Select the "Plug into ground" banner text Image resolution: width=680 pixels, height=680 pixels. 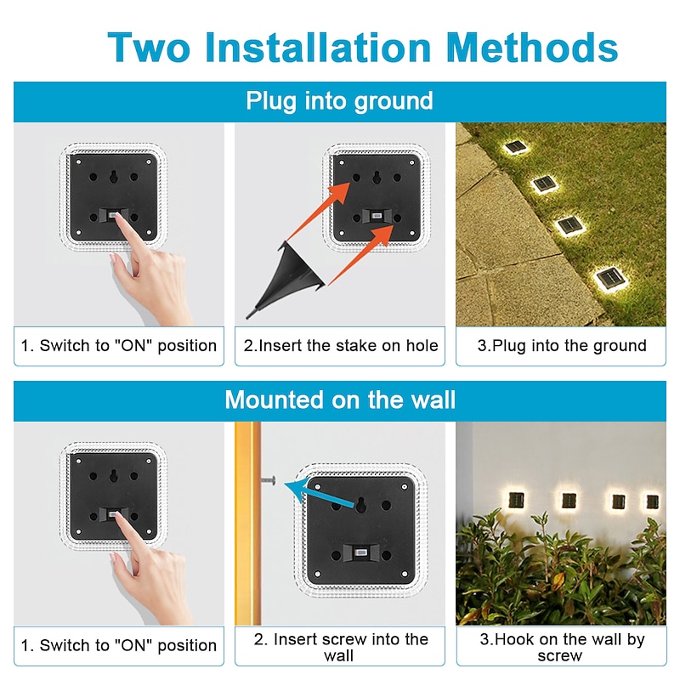339,101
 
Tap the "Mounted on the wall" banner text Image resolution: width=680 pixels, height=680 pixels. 339,399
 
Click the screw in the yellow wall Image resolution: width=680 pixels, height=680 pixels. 269,482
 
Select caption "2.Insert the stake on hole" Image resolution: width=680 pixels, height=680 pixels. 341,345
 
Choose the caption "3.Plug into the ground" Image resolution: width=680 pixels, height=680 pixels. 561,345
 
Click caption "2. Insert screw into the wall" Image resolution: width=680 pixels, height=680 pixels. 339,647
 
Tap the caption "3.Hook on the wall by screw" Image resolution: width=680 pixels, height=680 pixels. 561,647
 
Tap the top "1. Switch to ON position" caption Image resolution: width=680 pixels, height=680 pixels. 119,345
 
